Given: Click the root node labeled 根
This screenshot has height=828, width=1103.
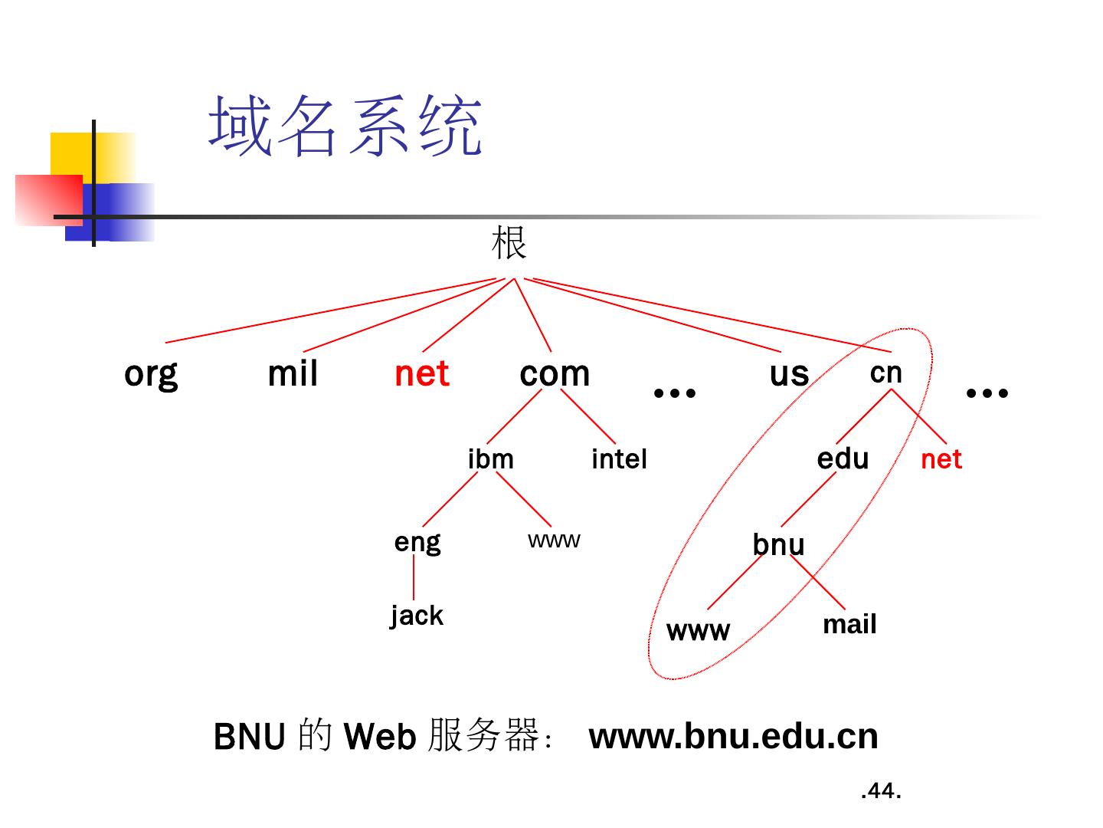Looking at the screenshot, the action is point(509,243).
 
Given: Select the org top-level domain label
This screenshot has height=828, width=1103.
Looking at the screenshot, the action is point(151,374).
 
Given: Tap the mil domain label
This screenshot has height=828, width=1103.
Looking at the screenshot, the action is point(293,374).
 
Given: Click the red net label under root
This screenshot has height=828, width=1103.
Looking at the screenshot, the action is point(421,374).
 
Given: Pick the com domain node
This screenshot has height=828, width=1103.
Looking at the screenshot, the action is point(555,374).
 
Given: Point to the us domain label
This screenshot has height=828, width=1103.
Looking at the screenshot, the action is point(789,374).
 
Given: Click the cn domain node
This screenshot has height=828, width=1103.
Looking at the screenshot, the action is point(886,373).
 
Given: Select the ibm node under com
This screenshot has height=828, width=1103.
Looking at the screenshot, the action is point(490,459).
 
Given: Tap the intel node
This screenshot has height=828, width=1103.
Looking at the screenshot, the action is point(619,459).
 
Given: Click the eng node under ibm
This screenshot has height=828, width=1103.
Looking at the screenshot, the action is point(417,542).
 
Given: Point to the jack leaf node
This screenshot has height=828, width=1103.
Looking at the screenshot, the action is point(417,616).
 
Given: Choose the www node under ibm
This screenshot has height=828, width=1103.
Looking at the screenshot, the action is point(554,540).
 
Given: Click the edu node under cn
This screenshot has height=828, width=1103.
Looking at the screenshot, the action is point(843,458).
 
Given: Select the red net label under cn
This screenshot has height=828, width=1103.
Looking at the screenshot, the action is point(941,459).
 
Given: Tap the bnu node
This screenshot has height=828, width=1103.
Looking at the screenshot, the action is point(778,544).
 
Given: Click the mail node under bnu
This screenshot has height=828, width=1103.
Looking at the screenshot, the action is point(849,625).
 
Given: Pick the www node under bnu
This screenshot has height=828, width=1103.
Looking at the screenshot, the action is point(698,631).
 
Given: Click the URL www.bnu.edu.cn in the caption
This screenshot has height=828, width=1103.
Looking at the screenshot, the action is point(733,736).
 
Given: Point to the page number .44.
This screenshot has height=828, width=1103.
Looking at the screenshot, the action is point(881,790).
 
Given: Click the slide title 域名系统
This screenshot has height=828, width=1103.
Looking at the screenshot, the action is point(345,127).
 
